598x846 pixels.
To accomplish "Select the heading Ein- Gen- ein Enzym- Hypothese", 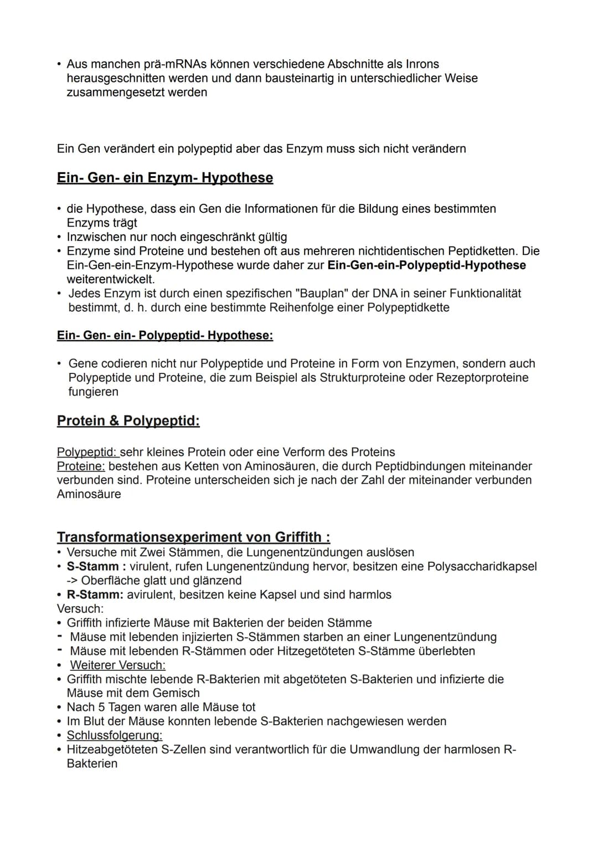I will [164, 178].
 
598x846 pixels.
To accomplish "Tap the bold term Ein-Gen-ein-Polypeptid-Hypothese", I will [426, 265].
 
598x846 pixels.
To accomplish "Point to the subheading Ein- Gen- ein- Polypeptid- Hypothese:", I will [164, 336].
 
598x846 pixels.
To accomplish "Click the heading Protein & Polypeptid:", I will [128, 421].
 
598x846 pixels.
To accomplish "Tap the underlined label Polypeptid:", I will [87, 452].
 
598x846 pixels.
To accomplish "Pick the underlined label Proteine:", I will [81, 466].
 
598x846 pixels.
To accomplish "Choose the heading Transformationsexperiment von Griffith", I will [193, 537].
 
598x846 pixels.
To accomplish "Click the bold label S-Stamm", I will [92, 567].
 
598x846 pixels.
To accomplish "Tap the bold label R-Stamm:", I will [95, 595].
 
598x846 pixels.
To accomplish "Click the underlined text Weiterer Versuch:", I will [117, 665].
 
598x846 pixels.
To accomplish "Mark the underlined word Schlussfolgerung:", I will [114, 736].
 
